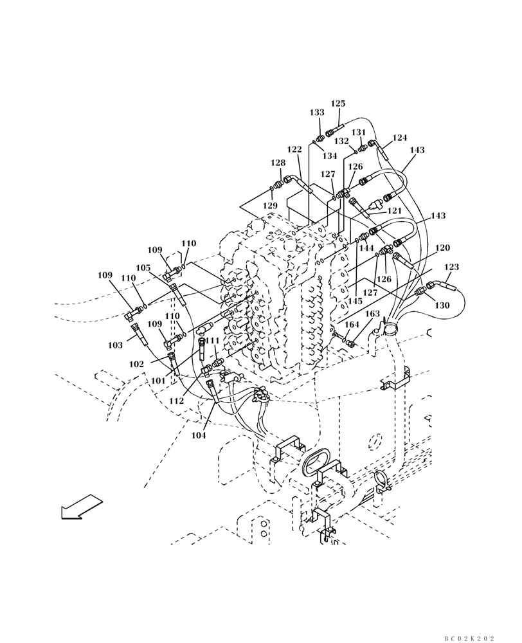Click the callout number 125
[338, 104]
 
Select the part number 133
[317, 112]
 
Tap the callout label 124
[400, 138]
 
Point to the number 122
[294, 149]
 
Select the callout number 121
[394, 211]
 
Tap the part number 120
[443, 248]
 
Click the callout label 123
[452, 267]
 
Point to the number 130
[442, 306]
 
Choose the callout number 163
[373, 314]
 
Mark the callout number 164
[351, 325]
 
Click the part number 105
[143, 267]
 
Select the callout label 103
[115, 345]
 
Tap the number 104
[198, 435]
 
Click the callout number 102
[136, 364]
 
